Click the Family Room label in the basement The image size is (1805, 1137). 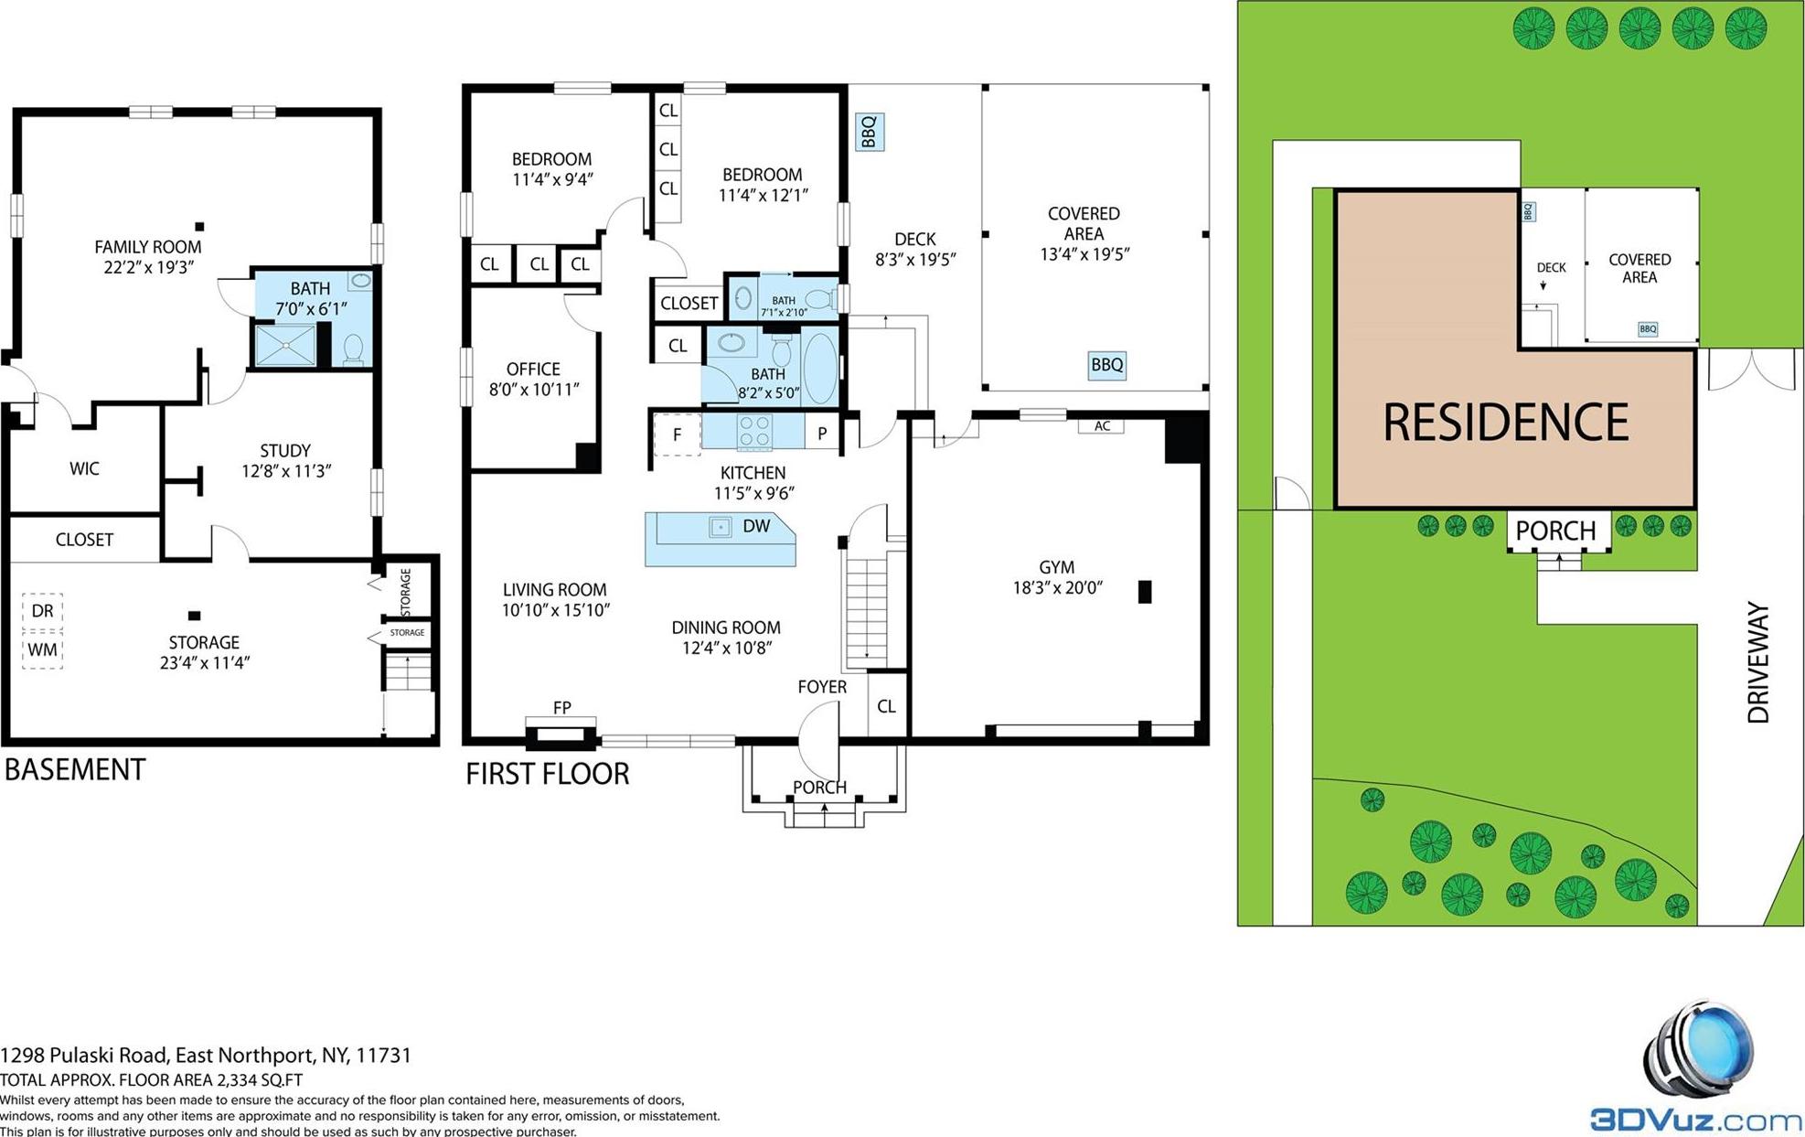point(147,247)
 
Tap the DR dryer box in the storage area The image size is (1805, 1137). point(42,611)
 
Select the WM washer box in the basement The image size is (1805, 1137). point(42,650)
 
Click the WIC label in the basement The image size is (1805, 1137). point(84,469)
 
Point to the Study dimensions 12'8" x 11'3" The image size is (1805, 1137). point(285,471)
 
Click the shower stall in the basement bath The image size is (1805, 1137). point(285,346)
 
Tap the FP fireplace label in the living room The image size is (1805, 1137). point(561,707)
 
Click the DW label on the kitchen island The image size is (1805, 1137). point(756,526)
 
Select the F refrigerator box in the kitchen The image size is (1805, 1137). point(677,434)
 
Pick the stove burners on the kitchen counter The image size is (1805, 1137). point(754,432)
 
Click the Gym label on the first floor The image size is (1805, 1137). point(1056,567)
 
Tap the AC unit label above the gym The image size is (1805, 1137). point(1102,426)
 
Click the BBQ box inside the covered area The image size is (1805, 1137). point(1106,365)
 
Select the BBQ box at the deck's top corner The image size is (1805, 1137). point(869,132)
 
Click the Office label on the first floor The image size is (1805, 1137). point(533,370)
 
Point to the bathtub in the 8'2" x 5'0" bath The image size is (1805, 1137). point(820,369)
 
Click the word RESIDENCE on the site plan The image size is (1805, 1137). point(1505,423)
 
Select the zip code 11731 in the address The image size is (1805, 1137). point(383,1056)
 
